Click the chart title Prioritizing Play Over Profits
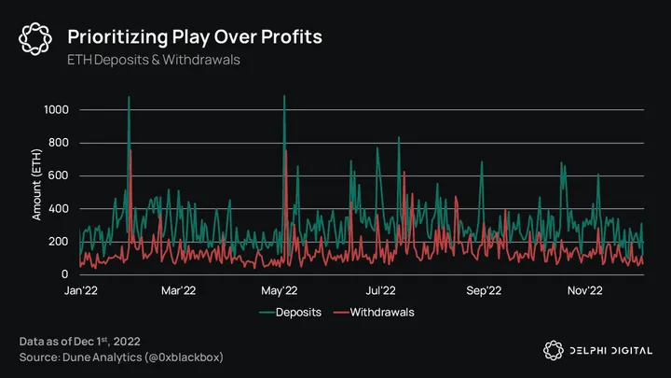195,36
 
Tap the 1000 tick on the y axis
56,110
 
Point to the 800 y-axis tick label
60,143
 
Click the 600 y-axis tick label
60,175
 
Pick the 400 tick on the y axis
60,209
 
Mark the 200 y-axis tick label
60,242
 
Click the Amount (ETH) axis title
37,192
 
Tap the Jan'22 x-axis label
81,290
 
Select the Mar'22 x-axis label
179,290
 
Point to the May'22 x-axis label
283,290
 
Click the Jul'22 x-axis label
383,290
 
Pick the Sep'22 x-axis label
486,290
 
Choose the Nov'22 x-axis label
586,290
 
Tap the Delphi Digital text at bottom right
610,350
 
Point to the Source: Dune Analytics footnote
121,357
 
